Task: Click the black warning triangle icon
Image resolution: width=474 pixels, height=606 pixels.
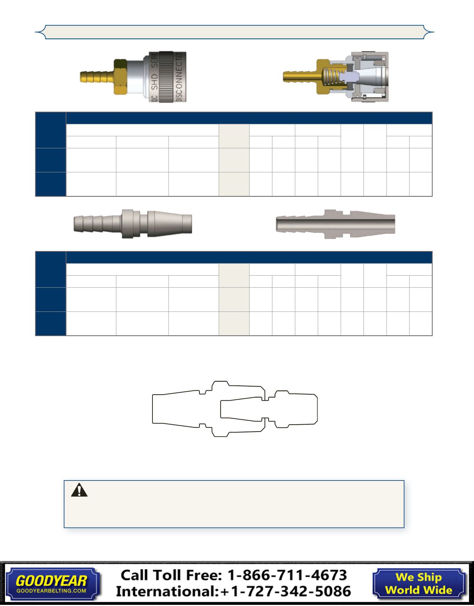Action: tap(79, 490)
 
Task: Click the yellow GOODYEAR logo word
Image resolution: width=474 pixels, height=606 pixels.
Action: tap(51, 581)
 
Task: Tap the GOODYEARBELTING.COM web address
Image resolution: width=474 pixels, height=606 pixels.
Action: tap(51, 591)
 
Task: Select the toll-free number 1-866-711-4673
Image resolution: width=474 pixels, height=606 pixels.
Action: tap(287, 575)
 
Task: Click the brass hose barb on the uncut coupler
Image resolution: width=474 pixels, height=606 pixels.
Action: tap(97, 77)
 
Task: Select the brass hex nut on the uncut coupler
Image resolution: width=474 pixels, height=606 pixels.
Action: tap(121, 77)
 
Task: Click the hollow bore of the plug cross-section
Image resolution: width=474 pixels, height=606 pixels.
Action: tap(335, 224)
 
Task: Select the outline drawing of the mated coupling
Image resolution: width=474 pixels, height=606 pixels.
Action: tap(235, 408)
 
